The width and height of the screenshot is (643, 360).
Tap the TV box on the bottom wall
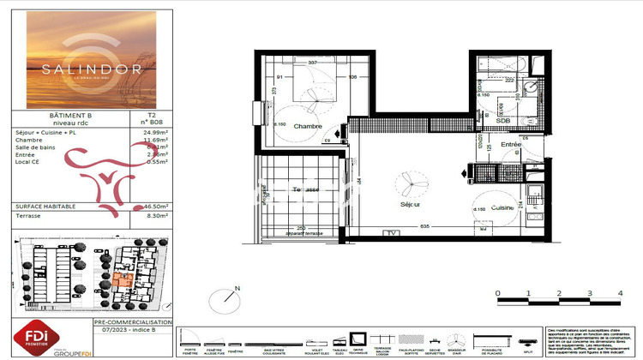click(393, 233)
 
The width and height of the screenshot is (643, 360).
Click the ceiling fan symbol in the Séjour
click(400, 184)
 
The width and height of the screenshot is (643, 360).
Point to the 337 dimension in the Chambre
click(313, 63)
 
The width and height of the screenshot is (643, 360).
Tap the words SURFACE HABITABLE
click(46, 207)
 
